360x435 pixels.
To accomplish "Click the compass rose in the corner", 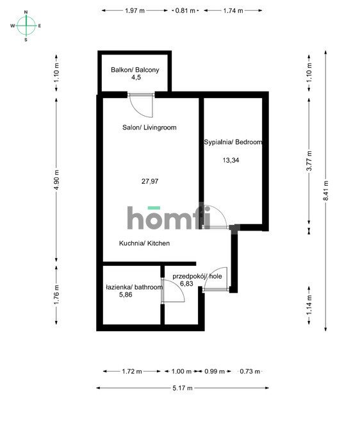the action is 26,26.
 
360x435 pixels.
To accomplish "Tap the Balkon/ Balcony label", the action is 135,70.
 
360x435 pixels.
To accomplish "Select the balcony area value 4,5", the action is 136,77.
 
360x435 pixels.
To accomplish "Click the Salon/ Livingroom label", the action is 149,127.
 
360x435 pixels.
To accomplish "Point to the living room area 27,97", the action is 150,181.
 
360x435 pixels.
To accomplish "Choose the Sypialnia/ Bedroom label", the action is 233,142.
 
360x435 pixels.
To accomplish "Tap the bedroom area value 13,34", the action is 231,160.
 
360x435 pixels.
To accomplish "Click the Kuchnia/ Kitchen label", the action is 144,243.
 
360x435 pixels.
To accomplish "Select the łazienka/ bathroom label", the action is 135,287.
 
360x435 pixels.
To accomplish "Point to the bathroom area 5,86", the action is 126,295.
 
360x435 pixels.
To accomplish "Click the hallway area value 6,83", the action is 186,284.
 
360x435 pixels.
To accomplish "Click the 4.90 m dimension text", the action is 56,180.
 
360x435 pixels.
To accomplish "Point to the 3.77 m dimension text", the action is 309,161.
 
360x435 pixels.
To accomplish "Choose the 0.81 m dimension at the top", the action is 185,10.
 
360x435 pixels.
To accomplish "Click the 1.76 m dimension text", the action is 56,294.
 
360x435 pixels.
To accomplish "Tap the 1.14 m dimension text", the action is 309,305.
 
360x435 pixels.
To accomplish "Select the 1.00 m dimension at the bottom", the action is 181,371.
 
